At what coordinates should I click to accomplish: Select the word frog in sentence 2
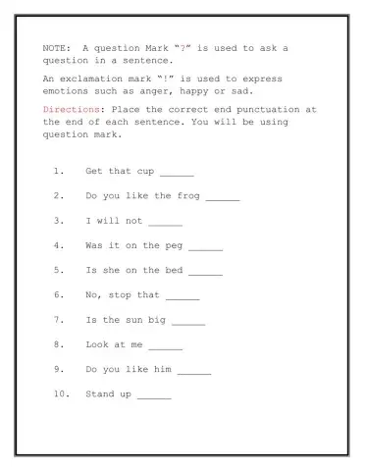188,195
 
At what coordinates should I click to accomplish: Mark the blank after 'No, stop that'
182,296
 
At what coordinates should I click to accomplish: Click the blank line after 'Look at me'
165,346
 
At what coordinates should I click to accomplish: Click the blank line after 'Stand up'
154,396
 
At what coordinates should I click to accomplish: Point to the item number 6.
59,294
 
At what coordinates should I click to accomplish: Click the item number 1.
59,171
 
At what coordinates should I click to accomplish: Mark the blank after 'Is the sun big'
188,321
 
